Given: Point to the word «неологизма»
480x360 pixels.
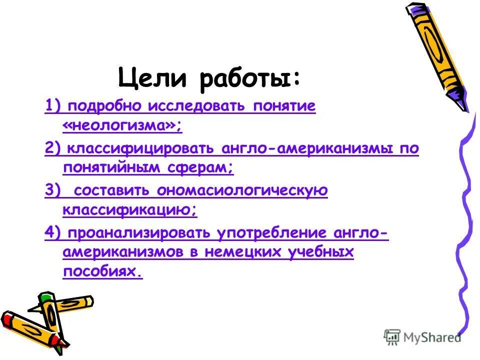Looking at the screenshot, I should pos(122,126).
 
